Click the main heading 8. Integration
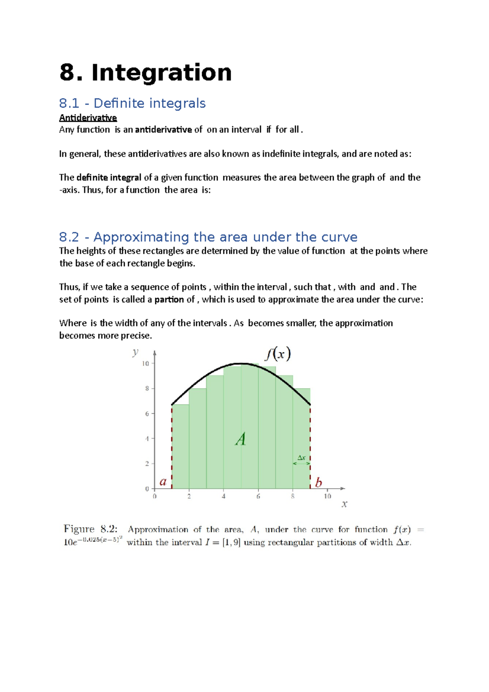pyautogui.click(x=145, y=73)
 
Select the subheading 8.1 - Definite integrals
pyautogui.click(x=132, y=103)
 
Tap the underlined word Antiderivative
pyautogui.click(x=88, y=118)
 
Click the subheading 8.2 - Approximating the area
pyautogui.click(x=208, y=237)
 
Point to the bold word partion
pyautogui.click(x=169, y=300)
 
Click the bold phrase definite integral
pyautogui.click(x=108, y=178)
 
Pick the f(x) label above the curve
pyautogui.click(x=278, y=353)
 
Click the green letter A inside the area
pyautogui.click(x=241, y=439)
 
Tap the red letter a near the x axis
pyautogui.click(x=163, y=482)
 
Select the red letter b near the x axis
pyautogui.click(x=318, y=483)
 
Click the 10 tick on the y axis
pyautogui.click(x=145, y=364)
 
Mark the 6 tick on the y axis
pyautogui.click(x=147, y=414)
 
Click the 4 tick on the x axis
pyautogui.click(x=224, y=496)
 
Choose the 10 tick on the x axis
pyautogui.click(x=327, y=496)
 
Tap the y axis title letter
pyautogui.click(x=135, y=352)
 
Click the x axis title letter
pyautogui.click(x=344, y=505)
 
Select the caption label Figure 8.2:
pyautogui.click(x=90, y=529)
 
